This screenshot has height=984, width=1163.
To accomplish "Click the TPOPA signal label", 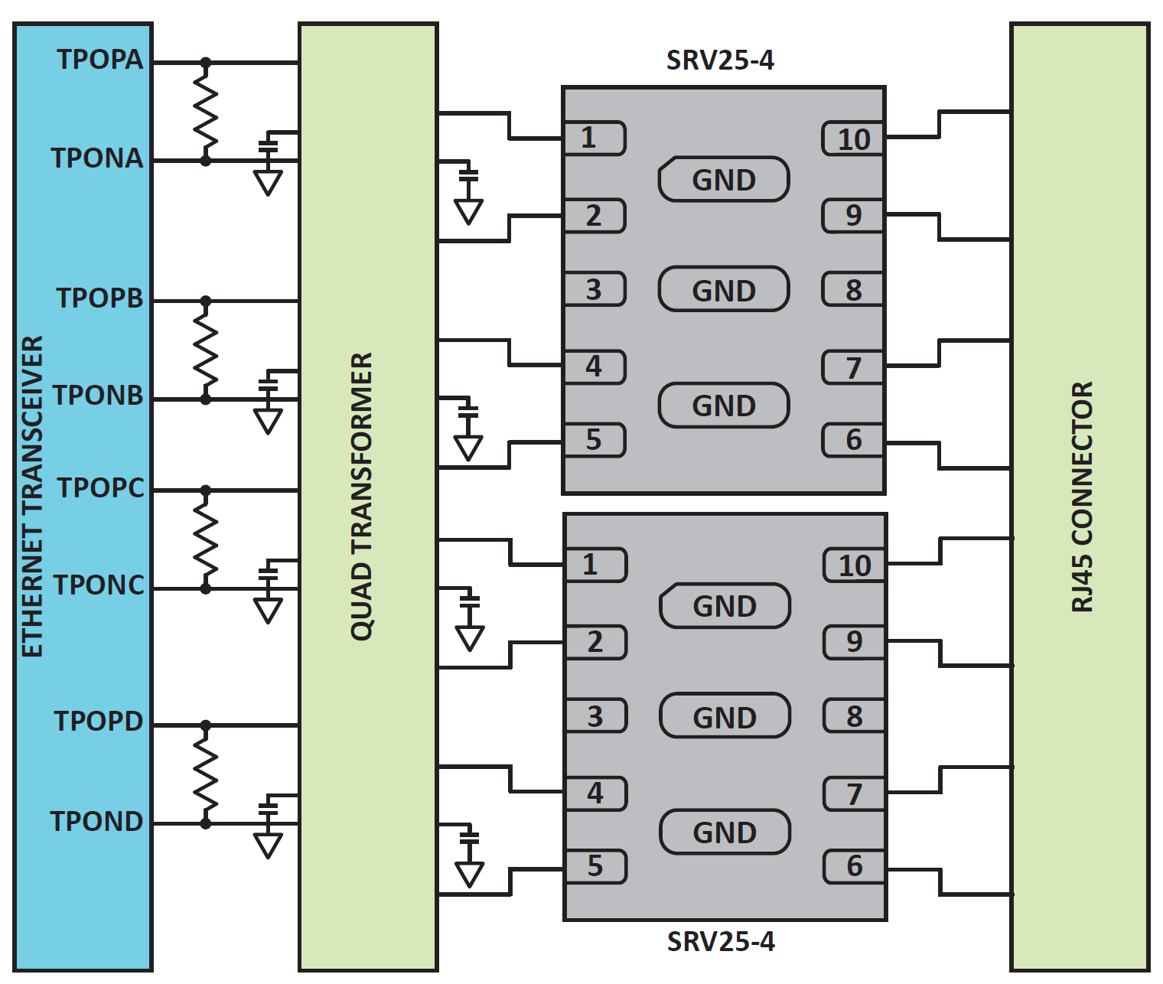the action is coord(100,60).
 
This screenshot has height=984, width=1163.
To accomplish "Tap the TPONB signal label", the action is coord(98,396).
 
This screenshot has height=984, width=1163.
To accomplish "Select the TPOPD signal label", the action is coord(99,722).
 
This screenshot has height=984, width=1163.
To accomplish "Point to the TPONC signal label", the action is coord(99,585).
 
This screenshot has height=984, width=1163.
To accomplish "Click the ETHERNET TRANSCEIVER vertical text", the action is coord(32,497).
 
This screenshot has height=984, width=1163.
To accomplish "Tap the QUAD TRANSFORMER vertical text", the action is coord(361,497).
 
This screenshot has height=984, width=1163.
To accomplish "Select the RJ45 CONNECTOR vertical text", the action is coord(1081,497).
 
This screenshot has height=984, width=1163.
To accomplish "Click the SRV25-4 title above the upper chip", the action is coord(720,60).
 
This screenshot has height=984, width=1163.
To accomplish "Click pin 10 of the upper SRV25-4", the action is coord(853,138).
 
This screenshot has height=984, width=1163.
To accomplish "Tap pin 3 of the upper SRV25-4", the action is coord(595,289).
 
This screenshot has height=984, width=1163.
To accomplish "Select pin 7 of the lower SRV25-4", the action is coord(854,793).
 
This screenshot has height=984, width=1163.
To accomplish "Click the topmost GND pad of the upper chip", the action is coord(724,180).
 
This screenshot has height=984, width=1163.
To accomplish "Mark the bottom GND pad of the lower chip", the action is coord(725,832).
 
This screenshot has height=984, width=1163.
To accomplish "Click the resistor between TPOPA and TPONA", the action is coord(205,112).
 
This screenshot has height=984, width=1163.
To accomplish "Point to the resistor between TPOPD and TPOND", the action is coord(205,774).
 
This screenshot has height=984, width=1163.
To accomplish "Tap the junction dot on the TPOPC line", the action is coord(205,490).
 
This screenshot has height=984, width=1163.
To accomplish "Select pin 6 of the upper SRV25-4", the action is coord(853,440).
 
